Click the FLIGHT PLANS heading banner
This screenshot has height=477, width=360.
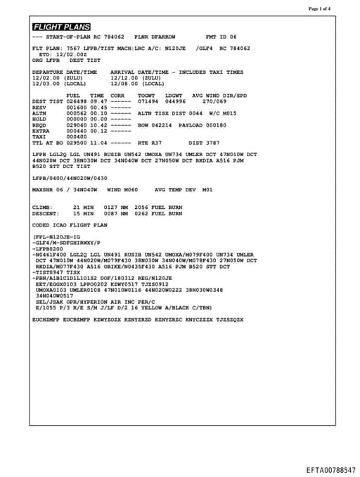click(61, 27)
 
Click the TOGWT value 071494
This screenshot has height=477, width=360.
click(148, 101)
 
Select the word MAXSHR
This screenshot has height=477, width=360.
click(43, 189)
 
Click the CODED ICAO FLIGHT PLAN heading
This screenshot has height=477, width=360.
click(70, 225)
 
